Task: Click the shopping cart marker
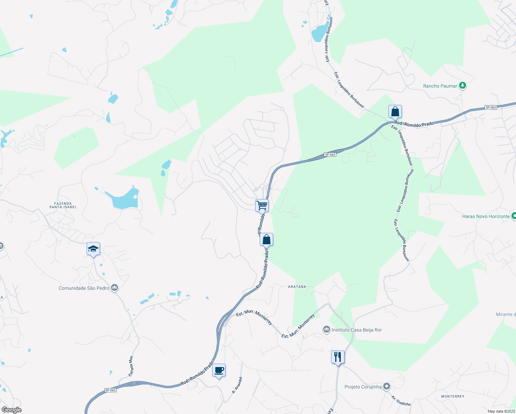(x=262, y=206)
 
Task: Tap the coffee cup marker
(x=219, y=371)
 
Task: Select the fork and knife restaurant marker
(x=338, y=357)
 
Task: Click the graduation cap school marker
(x=93, y=249)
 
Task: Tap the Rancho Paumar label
(x=440, y=86)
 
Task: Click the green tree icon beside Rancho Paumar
(x=463, y=86)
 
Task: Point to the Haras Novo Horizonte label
(x=486, y=216)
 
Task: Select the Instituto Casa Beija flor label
(x=357, y=330)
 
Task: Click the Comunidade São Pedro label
(x=84, y=288)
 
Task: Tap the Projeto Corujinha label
(x=363, y=387)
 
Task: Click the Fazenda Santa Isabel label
(x=63, y=205)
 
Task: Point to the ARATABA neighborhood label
(x=297, y=287)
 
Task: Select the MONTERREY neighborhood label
(x=453, y=396)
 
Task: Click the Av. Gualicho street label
(x=401, y=401)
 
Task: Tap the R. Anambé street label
(x=237, y=385)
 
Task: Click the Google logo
(x=11, y=410)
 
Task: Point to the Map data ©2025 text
(x=501, y=411)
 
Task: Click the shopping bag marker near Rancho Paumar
(x=395, y=112)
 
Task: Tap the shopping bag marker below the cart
(x=266, y=239)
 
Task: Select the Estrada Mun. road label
(x=131, y=366)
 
